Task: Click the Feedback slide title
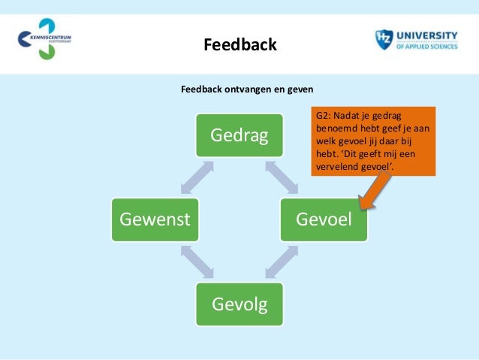(x=240, y=46)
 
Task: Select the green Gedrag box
(x=239, y=136)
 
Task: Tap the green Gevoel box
(x=324, y=220)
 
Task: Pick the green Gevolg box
(x=239, y=304)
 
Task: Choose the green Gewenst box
(x=155, y=220)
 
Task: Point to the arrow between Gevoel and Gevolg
(x=282, y=262)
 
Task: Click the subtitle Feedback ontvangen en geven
(x=247, y=89)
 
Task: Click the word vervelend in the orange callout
(x=335, y=166)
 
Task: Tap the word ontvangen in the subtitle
(x=244, y=89)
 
